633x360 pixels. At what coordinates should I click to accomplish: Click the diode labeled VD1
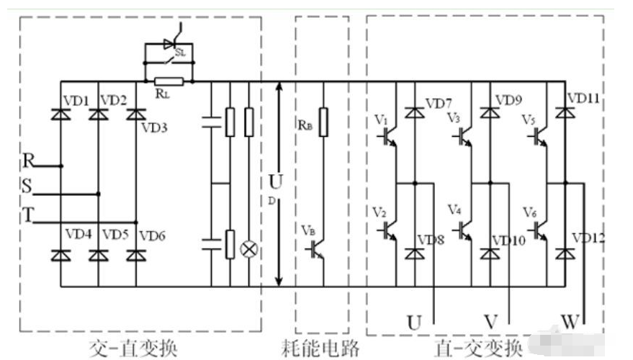(60, 114)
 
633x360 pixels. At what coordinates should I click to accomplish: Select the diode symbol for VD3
(135, 114)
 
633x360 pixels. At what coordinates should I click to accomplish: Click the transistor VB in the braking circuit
(317, 248)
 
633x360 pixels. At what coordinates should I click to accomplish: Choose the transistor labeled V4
(465, 230)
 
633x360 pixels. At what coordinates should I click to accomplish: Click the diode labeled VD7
(414, 112)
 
